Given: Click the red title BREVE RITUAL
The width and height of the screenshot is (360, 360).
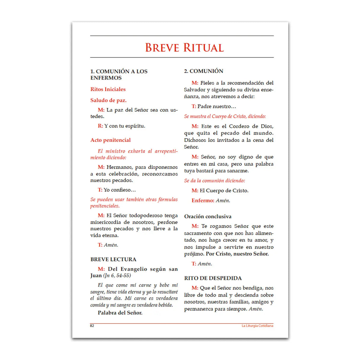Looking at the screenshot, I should (x=184, y=48).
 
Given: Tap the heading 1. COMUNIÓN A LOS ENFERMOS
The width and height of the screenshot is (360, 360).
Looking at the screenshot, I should (x=119, y=74).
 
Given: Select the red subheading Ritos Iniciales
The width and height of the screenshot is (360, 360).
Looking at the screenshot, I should (x=108, y=89).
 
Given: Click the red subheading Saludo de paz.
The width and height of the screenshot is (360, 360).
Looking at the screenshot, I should (x=108, y=100).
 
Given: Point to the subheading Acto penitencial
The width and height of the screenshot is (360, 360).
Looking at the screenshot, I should (x=110, y=140).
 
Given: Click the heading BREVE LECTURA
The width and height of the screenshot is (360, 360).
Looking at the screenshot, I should (x=113, y=259).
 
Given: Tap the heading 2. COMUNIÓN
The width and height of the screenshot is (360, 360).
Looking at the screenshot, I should (x=203, y=71).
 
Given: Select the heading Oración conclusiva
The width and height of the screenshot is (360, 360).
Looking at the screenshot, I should (x=208, y=216).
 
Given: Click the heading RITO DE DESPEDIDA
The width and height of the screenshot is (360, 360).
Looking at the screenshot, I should (x=213, y=278).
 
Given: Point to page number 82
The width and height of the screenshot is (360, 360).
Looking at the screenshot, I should (x=92, y=326).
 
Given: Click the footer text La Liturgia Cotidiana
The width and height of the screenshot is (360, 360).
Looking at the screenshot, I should (x=257, y=326).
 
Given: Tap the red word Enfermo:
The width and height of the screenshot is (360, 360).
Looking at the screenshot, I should (x=203, y=200).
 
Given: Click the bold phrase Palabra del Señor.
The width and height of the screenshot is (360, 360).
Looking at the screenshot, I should (x=120, y=313).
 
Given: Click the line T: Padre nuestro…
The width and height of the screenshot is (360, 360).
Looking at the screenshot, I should (x=214, y=106).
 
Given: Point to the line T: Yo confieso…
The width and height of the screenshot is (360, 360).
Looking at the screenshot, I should (x=117, y=190).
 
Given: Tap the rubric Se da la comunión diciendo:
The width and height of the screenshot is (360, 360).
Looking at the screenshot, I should (x=214, y=181).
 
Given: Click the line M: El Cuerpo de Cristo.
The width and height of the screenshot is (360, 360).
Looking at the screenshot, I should (x=220, y=190).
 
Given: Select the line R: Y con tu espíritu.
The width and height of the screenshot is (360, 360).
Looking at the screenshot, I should (x=121, y=126).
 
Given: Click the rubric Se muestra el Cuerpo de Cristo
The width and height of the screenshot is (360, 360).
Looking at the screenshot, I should (x=225, y=116).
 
